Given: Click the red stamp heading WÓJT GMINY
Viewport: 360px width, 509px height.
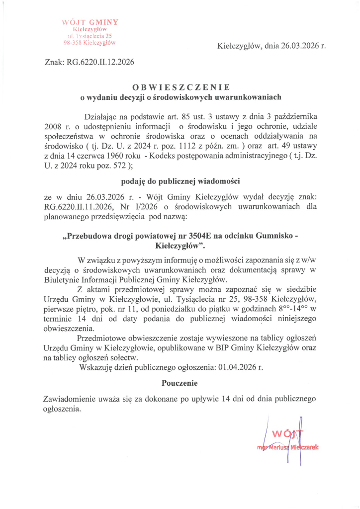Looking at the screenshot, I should [x=90, y=22].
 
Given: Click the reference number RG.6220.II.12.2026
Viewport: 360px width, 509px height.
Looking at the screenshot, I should [x=100, y=62].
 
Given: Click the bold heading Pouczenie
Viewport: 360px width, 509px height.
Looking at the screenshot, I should [x=180, y=383].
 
